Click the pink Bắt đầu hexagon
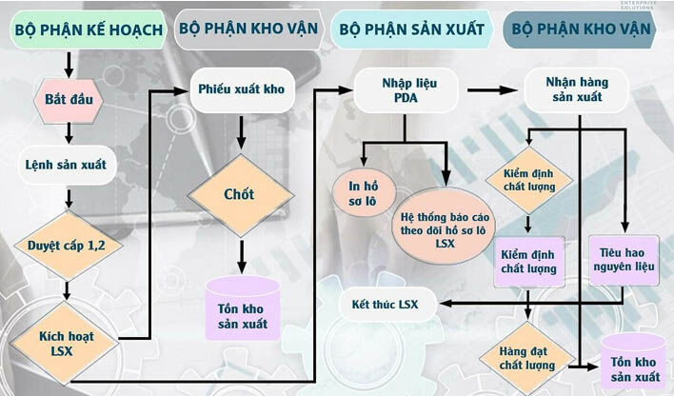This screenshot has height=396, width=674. [x=69, y=101]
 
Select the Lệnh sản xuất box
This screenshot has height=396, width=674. [x=67, y=165]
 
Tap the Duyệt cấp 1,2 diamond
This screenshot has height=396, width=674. [x=68, y=246]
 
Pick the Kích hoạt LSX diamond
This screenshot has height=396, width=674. [x=65, y=343]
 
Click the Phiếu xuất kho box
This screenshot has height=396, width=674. [x=242, y=89]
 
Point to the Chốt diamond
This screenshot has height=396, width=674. [x=241, y=195]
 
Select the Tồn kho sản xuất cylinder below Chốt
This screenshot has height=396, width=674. [x=243, y=307]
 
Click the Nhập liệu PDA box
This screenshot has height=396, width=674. [x=406, y=90]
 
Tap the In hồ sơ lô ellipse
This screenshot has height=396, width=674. [x=364, y=193]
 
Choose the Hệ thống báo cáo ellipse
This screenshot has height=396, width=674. [x=444, y=226]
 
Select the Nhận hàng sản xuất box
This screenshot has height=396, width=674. [x=577, y=89]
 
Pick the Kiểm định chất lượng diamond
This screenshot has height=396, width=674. [x=529, y=180]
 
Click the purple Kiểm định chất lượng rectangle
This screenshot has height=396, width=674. [x=528, y=262]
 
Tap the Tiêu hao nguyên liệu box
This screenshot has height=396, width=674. [x=624, y=260]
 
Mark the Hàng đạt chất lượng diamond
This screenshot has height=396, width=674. [x=527, y=359]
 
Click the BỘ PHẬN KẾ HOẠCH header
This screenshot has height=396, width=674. [x=88, y=30]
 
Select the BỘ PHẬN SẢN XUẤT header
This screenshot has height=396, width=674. [x=412, y=30]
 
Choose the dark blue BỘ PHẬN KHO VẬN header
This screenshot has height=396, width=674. [x=581, y=30]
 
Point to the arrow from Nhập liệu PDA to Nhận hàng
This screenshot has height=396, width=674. [x=492, y=90]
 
